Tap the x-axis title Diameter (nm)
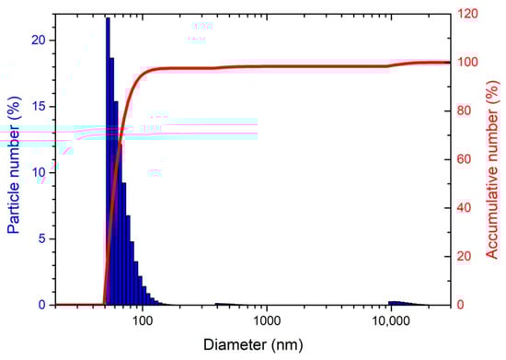pyautogui.click(x=253, y=346)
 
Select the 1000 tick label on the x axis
pyautogui.click(x=267, y=321)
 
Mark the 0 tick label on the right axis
pyautogui.click(x=463, y=305)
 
